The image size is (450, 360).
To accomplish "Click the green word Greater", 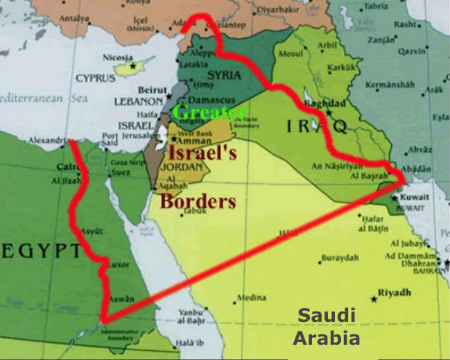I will (x=210, y=113).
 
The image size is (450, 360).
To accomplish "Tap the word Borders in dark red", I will (x=198, y=201).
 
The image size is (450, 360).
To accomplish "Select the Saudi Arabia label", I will (x=326, y=327).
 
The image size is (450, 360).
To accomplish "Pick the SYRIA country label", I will (x=224, y=75).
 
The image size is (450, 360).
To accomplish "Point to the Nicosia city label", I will (x=114, y=58).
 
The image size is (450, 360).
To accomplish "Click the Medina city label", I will (x=251, y=298).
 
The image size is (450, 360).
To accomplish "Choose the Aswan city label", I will (x=121, y=299).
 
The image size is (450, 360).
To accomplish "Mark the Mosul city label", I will (x=290, y=53).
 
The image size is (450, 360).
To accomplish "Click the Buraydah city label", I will (x=340, y=258).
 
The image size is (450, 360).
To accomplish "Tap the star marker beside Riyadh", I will (x=374, y=299).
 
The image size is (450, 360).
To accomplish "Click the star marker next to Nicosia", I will (x=133, y=66).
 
